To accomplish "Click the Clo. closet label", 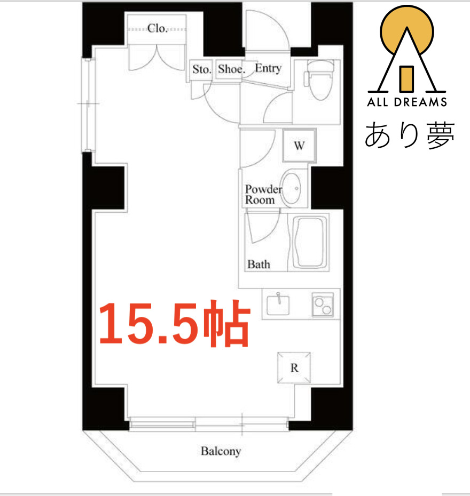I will (158, 28).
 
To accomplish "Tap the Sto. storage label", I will (202, 69).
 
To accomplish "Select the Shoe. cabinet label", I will (231, 69).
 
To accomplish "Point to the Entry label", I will (268, 68).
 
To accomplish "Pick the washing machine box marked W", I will (299, 145).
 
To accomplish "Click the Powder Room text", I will (263, 195).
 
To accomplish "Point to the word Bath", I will (258, 264).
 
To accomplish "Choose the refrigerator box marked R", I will (294, 367).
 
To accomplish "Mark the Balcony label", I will (221, 451).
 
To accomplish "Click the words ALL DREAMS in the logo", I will (406, 102).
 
